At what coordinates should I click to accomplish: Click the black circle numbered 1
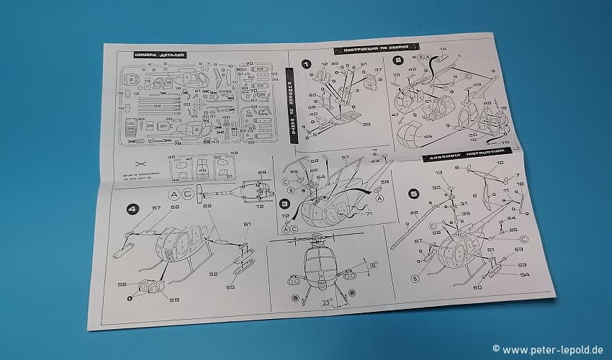tap(307, 65)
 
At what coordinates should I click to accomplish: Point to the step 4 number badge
tap(132, 210)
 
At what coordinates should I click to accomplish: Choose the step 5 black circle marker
tap(413, 192)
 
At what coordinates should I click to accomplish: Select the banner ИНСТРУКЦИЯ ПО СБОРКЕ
tap(369, 50)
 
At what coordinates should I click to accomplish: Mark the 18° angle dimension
tap(372, 265)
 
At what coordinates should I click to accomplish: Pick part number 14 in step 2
tap(442, 50)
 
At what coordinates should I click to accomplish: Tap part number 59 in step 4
tap(173, 299)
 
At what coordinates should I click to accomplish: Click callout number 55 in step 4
tap(230, 287)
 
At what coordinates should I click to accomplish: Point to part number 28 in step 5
tap(413, 212)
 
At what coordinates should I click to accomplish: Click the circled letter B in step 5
tap(416, 279)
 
